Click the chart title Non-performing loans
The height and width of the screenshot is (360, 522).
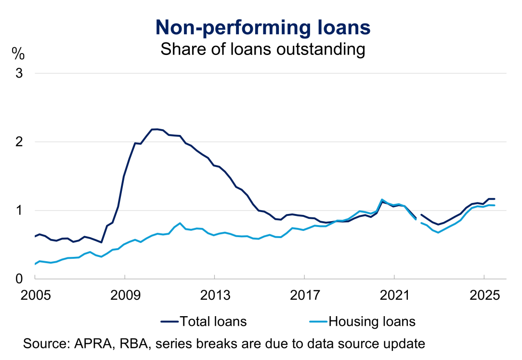pos(263,27)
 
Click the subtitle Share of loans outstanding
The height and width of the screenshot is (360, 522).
pos(263,49)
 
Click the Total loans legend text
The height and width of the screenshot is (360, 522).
pos(213,321)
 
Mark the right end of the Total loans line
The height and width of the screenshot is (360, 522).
pos(495,199)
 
